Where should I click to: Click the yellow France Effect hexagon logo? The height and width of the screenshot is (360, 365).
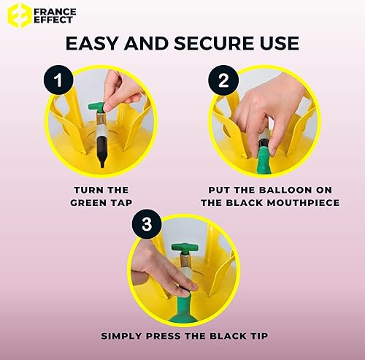point(20,15)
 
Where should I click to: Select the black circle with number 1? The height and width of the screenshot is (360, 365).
point(58,80)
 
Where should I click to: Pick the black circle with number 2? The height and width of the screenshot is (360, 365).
point(223,80)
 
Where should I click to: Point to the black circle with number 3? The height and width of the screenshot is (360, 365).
point(147,224)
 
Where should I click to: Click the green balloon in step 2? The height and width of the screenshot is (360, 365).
point(264,160)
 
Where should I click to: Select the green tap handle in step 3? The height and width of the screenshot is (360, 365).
point(185,248)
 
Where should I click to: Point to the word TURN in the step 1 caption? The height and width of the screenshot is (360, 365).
point(86,190)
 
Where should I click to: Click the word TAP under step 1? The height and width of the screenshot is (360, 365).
point(121,203)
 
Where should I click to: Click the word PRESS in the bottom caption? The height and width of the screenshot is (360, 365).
point(164,336)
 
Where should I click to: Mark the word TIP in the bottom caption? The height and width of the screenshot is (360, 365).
point(258,336)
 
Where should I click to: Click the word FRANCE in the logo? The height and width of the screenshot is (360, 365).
point(55,12)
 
